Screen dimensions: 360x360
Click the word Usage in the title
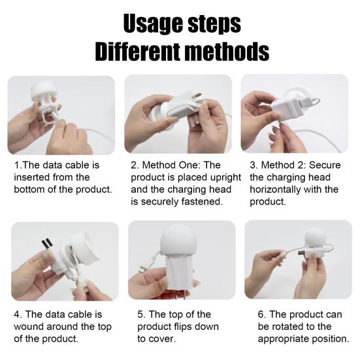click(x=152, y=24)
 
